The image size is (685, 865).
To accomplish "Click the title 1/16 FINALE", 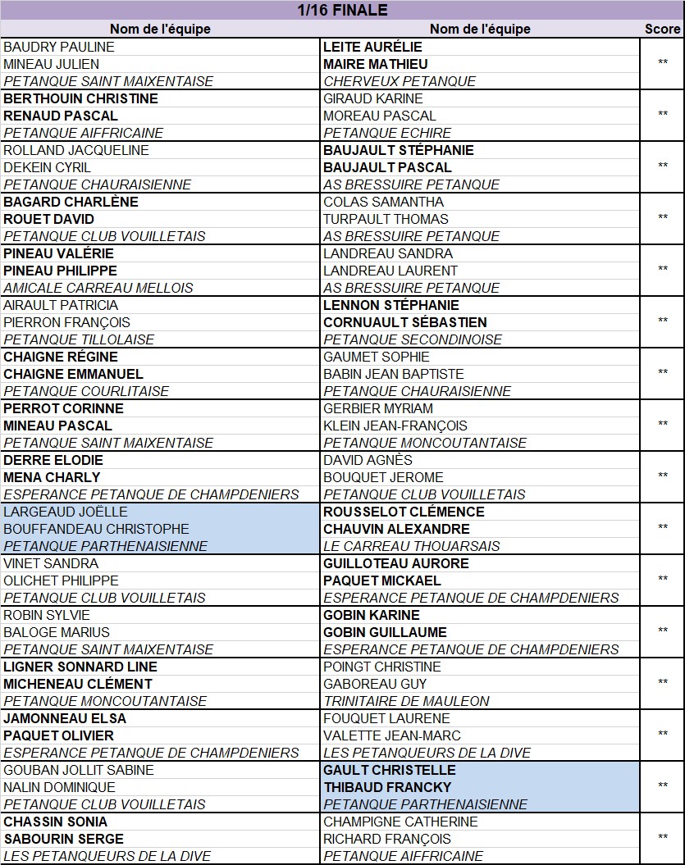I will coord(342,11).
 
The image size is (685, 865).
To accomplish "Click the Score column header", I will coord(662,29).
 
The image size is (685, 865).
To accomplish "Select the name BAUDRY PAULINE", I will coord(59,47).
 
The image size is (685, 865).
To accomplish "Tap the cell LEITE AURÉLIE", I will coord(372,47).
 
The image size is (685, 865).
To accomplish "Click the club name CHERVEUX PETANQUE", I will coord(400,81).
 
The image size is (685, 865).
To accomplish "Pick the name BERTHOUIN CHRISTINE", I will coord(80,98).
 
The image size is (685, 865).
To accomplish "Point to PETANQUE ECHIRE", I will coord(387,133).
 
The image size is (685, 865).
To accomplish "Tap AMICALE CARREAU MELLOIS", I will coord(98,288).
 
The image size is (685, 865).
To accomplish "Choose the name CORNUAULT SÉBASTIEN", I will coord(405,322).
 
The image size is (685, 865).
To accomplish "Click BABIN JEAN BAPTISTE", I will coord(394,374).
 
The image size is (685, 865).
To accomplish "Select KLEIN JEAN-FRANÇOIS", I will coord(395,426).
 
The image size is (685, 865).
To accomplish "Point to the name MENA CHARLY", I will coord(52,477).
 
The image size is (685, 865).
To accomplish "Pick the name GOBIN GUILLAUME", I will coord(385,632).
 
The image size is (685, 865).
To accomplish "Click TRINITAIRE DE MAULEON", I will coord(406,701).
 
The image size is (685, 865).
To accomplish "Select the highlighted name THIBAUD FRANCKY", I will coord(387,787).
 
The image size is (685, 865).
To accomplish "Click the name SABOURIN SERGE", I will coord(63,839).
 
